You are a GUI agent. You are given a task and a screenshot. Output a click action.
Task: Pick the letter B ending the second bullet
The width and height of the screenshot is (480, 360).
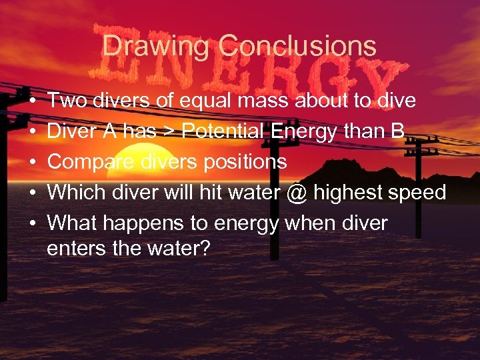397,131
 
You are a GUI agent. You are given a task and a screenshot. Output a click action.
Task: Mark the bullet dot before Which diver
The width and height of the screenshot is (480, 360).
33,193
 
